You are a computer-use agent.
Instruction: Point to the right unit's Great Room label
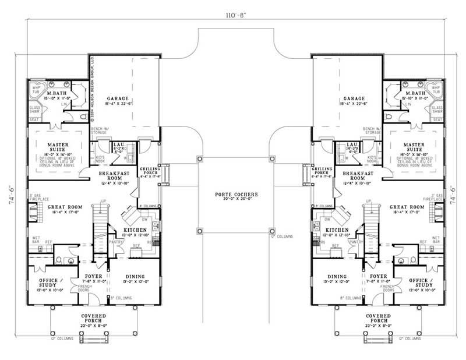click(406, 207)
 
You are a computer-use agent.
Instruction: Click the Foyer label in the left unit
click(93, 276)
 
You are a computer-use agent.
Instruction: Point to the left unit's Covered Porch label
click(93, 318)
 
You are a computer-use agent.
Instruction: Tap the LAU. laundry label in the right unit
click(351, 144)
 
